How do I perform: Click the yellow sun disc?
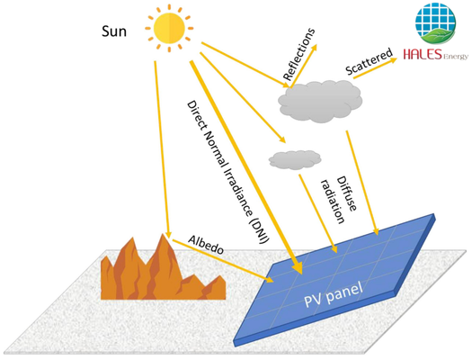169,28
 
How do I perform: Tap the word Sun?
114,31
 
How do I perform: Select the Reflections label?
298,55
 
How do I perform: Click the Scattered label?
369,61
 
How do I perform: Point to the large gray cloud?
320,101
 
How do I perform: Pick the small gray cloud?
295,159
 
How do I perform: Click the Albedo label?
206,244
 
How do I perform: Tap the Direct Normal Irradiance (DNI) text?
228,172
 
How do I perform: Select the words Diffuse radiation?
339,200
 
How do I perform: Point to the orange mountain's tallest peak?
163,234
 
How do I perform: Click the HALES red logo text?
423,54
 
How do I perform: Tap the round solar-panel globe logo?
435,23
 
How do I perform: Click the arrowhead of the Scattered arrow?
394,59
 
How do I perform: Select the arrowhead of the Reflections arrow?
315,48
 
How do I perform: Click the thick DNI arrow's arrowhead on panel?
298,268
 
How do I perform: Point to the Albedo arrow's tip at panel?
270,280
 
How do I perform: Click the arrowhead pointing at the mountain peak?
169,235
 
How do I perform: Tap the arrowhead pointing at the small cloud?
282,139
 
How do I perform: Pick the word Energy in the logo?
456,56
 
